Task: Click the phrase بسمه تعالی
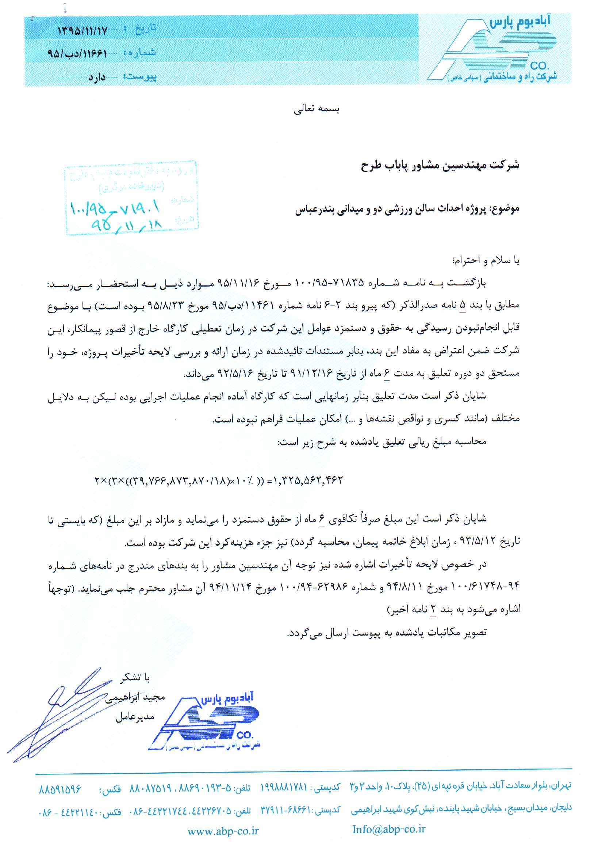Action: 317,109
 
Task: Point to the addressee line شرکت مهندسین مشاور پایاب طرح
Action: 440,165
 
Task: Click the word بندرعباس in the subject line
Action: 314,209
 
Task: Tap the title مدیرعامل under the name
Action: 134,717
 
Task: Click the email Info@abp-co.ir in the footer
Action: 388,829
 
